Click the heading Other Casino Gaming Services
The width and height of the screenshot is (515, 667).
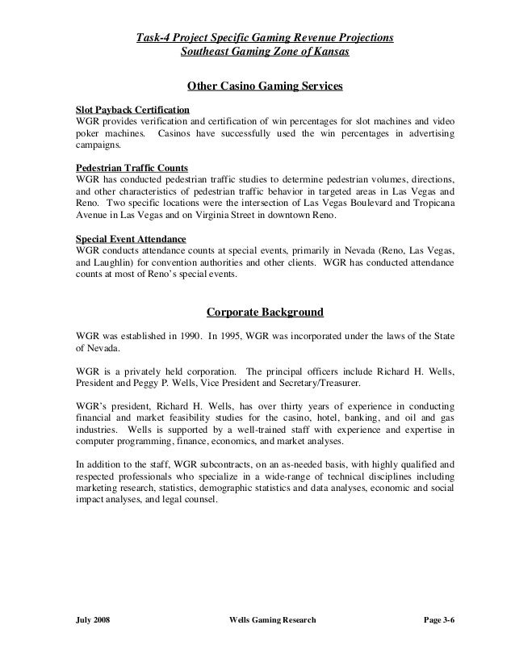pyautogui.click(x=266, y=85)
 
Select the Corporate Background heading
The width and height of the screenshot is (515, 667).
pyautogui.click(x=266, y=311)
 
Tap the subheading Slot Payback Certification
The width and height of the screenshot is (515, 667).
pyautogui.click(x=132, y=108)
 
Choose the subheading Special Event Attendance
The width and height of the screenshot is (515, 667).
pyautogui.click(x=130, y=239)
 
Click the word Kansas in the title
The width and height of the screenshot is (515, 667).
pyautogui.click(x=333, y=52)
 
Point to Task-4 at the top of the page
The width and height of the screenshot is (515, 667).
pyautogui.click(x=157, y=37)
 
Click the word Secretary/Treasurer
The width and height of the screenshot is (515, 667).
pyautogui.click(x=325, y=385)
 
